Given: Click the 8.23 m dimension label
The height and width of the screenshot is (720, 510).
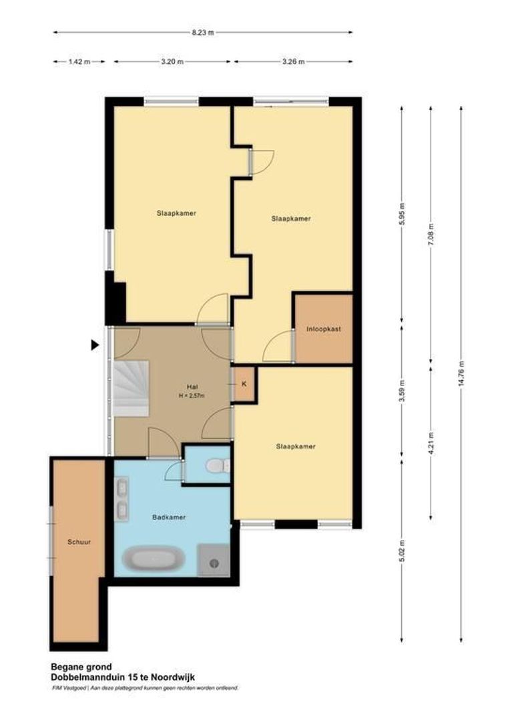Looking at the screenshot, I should point(202,31).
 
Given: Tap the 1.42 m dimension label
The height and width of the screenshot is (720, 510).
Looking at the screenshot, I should point(79,61).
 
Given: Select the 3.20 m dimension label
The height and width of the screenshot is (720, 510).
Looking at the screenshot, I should point(172,61).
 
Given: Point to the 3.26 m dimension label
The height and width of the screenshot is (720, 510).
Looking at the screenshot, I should point(292,61).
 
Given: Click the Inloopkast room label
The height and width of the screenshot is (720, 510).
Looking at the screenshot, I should point(323,329).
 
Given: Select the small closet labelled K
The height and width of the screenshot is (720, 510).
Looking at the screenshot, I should point(244,384).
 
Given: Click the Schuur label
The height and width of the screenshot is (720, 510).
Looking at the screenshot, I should point(78,543).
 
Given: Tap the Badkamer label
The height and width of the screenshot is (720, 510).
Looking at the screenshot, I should point(168,517).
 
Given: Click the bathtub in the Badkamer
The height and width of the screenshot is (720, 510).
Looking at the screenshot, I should point(154,559).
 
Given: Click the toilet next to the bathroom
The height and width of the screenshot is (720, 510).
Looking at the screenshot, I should point(216,465).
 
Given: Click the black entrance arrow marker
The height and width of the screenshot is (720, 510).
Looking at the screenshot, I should point(95,345).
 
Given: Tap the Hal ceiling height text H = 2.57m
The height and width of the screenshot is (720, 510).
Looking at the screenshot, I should point(191,396).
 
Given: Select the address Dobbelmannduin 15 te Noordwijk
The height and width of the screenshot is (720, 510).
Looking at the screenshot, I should point(122,677).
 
